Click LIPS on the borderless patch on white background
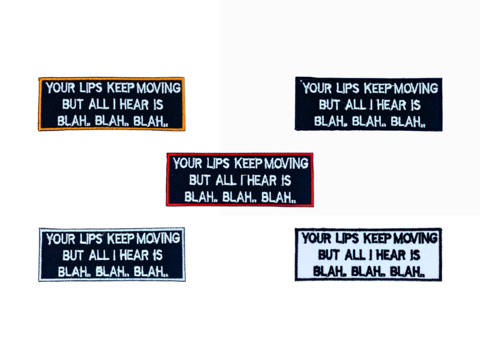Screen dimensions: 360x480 349,89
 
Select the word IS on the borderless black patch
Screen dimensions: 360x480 413,104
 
